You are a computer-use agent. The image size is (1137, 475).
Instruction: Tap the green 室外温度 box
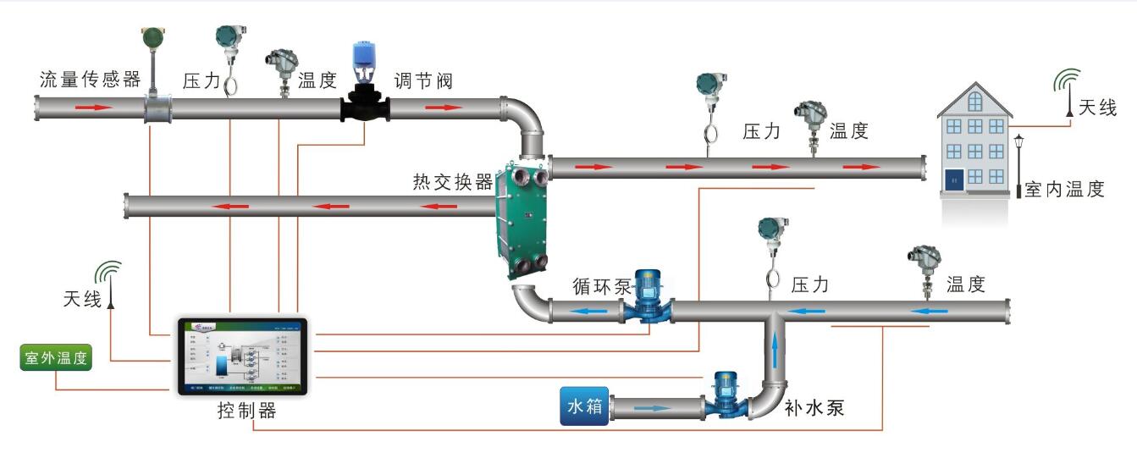(57, 358)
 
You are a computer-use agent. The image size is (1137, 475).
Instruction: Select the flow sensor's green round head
(152, 37)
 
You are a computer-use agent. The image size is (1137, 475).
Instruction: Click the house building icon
(975, 140)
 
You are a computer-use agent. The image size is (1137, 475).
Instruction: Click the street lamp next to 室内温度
(1018, 165)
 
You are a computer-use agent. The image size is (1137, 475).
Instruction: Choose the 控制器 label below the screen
(247, 411)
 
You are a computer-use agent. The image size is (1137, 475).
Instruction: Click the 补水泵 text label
(814, 408)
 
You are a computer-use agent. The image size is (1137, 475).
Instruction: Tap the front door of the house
(954, 180)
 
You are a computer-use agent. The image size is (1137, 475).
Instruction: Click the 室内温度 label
(1065, 190)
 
